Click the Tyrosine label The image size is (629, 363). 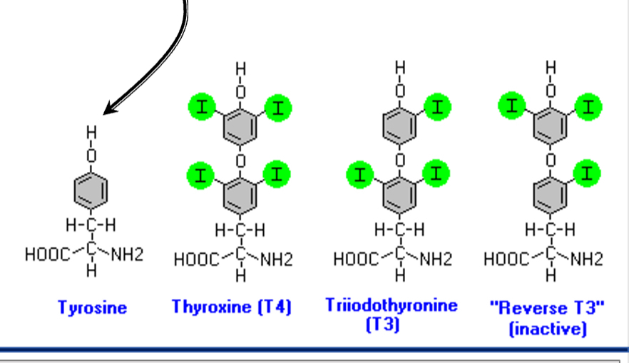[92, 308]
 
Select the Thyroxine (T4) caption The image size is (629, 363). [232, 307]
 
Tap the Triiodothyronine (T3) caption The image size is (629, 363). [392, 314]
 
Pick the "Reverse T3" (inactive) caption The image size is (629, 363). [548, 317]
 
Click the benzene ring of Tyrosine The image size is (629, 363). [91, 190]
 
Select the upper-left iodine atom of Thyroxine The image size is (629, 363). [203, 108]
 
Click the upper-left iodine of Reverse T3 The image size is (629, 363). [511, 108]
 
